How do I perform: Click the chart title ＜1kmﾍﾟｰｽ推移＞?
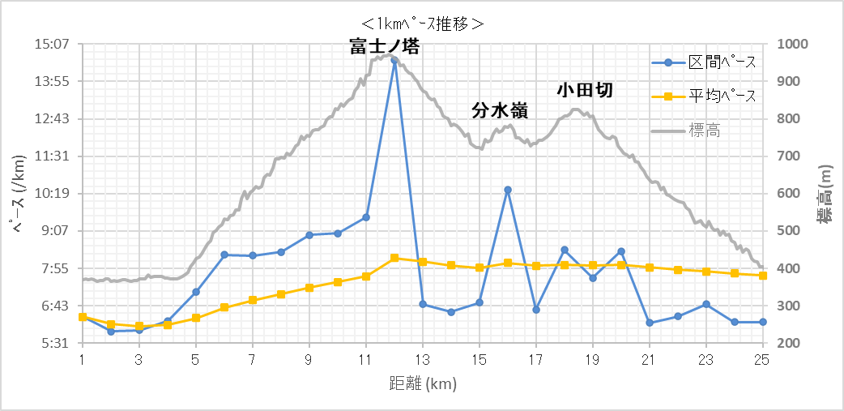pyautogui.click(x=422, y=24)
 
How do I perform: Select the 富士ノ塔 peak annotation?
pyautogui.click(x=385, y=47)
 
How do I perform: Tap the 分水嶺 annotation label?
pyautogui.click(x=500, y=111)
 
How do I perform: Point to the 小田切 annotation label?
pyautogui.click(x=584, y=90)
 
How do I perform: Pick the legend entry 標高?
pyautogui.click(x=705, y=130)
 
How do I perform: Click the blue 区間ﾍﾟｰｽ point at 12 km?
pyautogui.click(x=394, y=60)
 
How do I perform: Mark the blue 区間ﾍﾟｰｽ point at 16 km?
pyautogui.click(x=508, y=190)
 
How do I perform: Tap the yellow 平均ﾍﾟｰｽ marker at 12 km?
pyautogui.click(x=394, y=258)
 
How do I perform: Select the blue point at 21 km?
pyautogui.click(x=650, y=323)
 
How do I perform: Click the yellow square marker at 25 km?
pyautogui.click(x=762, y=276)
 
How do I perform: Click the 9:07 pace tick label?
pyautogui.click(x=54, y=231)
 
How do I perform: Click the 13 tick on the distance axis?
pyautogui.click(x=422, y=360)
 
